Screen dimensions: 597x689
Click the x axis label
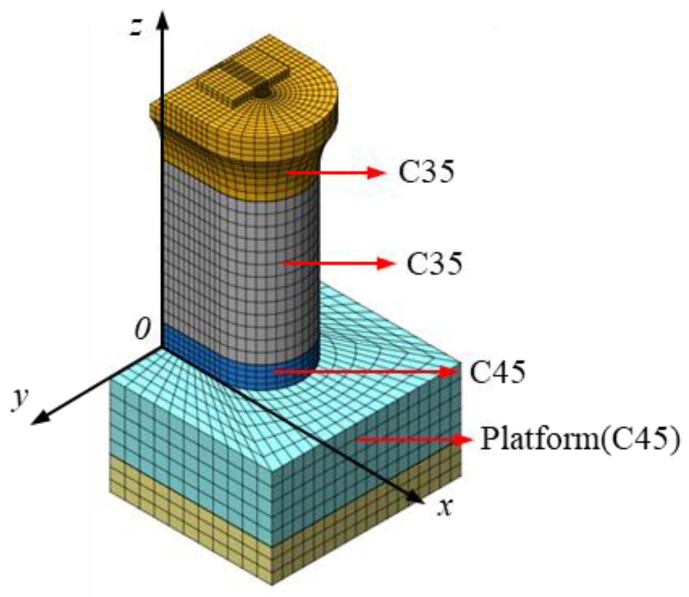[445, 507]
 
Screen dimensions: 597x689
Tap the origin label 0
[142, 329]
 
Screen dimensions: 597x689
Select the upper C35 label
[426, 172]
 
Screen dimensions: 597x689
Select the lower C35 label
[435, 263]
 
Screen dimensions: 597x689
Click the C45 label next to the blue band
[497, 372]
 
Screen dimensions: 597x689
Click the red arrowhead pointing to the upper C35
[376, 172]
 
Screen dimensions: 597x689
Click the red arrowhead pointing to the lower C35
[385, 263]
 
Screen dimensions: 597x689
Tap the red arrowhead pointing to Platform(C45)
[463, 439]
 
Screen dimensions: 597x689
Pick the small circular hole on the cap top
[262, 93]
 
